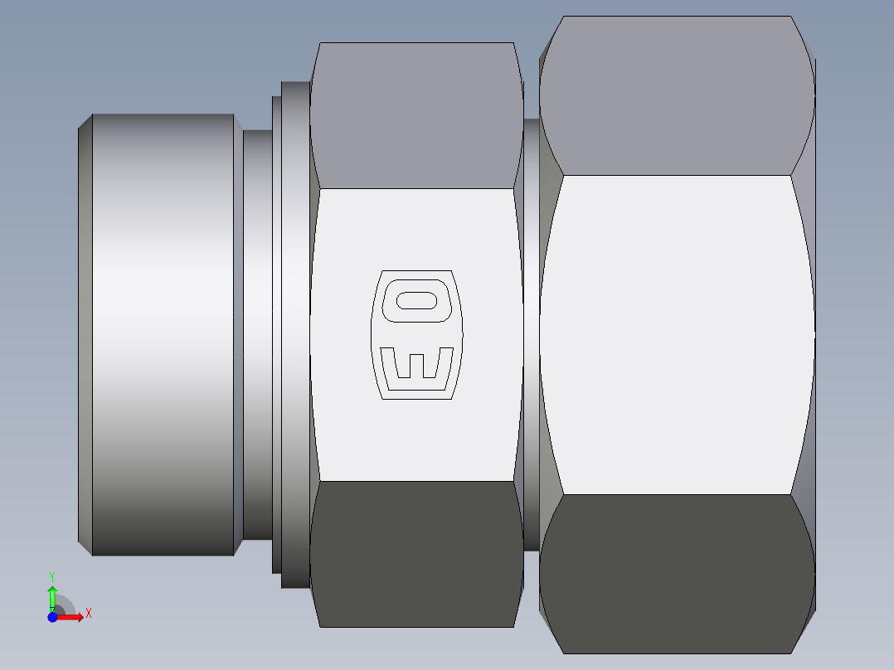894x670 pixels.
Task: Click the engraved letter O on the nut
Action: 416,300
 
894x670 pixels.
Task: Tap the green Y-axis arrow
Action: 52,595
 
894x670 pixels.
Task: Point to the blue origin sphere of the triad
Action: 52,616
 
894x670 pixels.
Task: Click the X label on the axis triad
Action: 88,613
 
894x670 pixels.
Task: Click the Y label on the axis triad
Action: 51,575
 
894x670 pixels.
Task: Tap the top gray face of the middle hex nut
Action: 416,116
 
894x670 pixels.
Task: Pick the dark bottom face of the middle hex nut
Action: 416,554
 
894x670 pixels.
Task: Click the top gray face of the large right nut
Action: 676,95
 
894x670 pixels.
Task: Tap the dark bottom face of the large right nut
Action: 676,572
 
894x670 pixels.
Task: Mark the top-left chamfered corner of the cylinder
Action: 85,122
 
